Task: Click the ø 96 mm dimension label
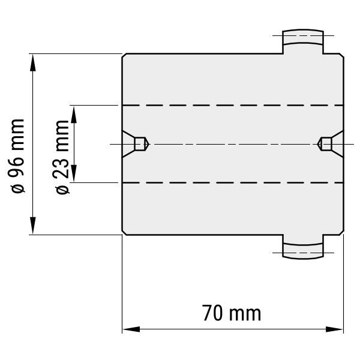pyautogui.click(x=17, y=156)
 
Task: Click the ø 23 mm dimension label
pyautogui.click(x=62, y=157)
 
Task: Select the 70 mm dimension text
pyautogui.click(x=232, y=313)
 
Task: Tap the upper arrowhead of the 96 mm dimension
pyautogui.click(x=33, y=62)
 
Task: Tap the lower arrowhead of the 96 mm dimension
pyautogui.click(x=33, y=226)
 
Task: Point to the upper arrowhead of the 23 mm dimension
pyautogui.click(x=74, y=115)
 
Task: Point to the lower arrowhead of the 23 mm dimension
pyautogui.click(x=74, y=173)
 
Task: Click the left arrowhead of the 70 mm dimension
pyautogui.click(x=131, y=329)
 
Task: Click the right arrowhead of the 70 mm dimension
pyautogui.click(x=334, y=329)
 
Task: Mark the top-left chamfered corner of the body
pyautogui.click(x=124, y=56)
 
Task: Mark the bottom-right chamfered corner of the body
pyautogui.click(x=341, y=232)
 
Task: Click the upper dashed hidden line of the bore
pyautogui.click(x=233, y=106)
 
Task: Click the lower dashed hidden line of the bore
pyautogui.click(x=233, y=183)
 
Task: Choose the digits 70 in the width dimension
pyautogui.click(x=212, y=313)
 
